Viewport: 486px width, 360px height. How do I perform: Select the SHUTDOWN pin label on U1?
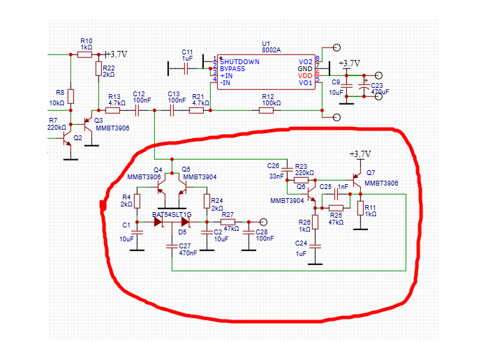(240, 62)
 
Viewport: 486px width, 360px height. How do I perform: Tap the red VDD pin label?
(305, 75)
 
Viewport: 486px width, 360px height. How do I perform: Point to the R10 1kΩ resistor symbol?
(85, 54)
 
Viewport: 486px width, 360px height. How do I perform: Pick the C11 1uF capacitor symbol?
(187, 67)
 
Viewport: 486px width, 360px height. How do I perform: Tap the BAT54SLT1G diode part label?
(172, 213)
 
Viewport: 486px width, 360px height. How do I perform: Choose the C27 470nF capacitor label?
(187, 250)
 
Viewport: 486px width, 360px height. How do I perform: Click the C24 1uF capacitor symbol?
(315, 246)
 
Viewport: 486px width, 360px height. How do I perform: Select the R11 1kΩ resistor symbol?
(360, 207)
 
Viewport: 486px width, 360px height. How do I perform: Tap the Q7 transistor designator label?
(369, 173)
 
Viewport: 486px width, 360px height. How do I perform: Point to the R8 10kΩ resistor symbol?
(71, 96)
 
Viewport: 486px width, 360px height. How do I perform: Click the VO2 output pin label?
(305, 62)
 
